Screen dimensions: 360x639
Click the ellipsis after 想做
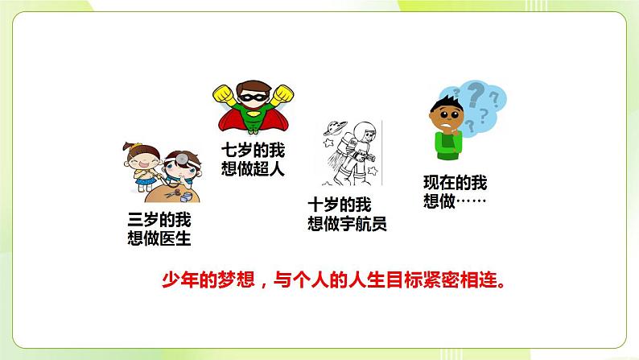click(x=474, y=201)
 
